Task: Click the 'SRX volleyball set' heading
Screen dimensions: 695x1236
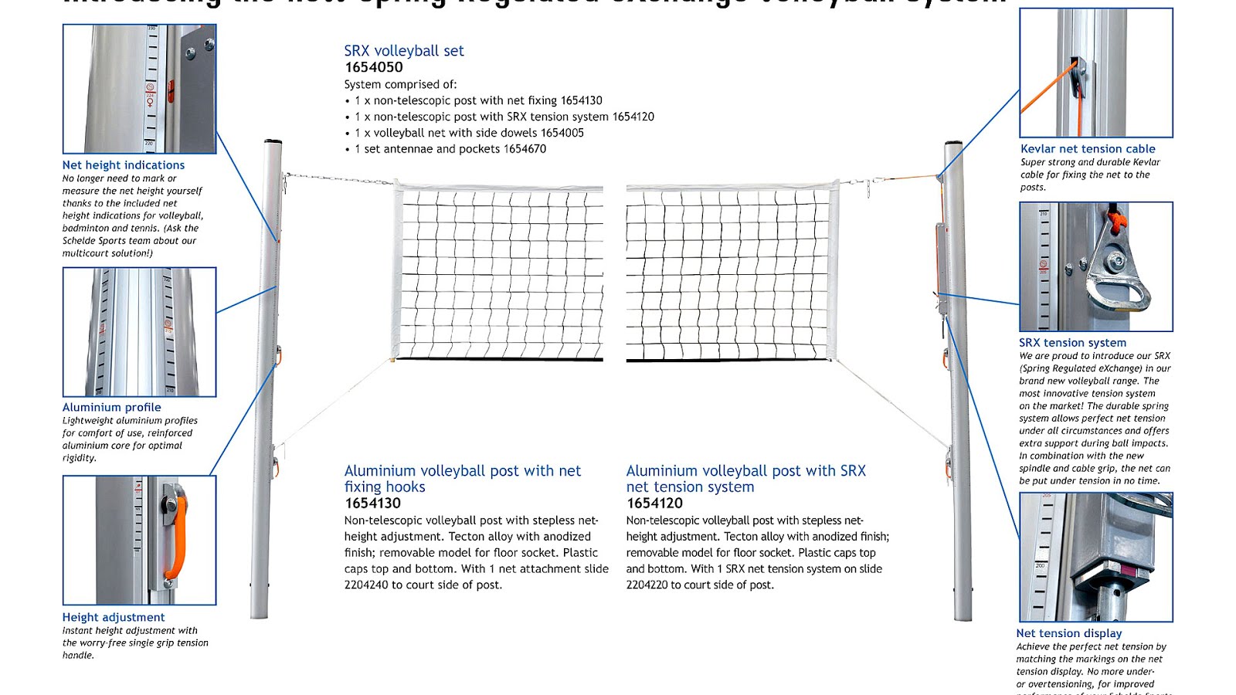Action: (403, 51)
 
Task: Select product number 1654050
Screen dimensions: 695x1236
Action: (374, 67)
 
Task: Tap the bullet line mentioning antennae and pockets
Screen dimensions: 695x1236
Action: (450, 149)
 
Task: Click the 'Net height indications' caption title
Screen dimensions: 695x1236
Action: (124, 165)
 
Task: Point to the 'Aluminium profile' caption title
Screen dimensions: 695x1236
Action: (112, 408)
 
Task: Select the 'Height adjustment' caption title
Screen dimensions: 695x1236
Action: (114, 618)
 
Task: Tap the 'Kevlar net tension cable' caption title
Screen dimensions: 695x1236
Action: (1088, 149)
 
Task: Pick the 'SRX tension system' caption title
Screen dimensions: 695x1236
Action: (1072, 343)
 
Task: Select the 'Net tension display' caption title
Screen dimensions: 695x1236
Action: (1069, 633)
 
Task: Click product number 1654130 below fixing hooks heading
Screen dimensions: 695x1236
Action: (372, 503)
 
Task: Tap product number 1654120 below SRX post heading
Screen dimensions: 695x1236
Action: (654, 503)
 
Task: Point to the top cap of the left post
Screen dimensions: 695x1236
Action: (273, 143)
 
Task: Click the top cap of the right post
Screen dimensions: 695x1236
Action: (953, 144)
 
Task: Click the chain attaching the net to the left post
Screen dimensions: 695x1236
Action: (340, 180)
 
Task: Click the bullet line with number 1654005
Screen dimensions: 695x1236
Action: (468, 133)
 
